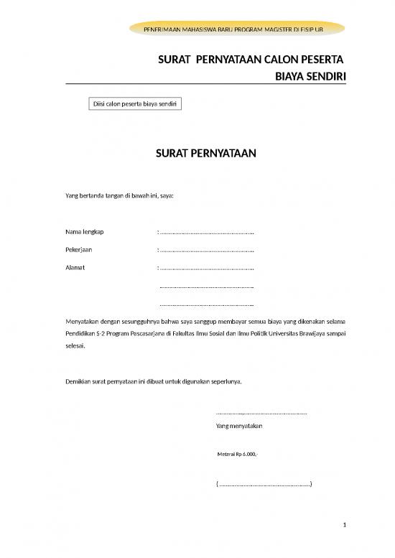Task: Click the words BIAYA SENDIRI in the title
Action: (x=310, y=73)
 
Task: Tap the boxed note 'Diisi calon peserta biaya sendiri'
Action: (x=133, y=104)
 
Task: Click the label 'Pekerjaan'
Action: (x=79, y=251)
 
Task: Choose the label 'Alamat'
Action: (x=75, y=269)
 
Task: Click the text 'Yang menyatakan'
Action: (x=239, y=427)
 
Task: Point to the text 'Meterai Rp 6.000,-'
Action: (x=237, y=455)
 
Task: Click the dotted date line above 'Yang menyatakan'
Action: (x=261, y=414)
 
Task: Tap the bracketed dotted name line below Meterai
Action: (x=264, y=484)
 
